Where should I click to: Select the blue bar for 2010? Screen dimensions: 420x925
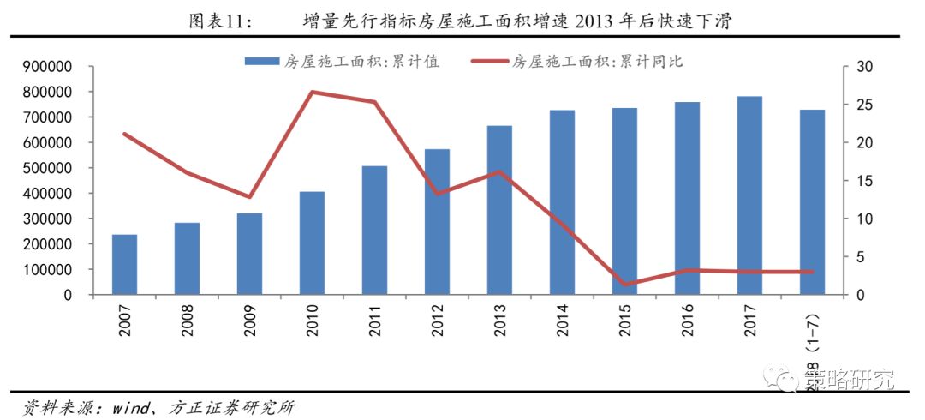[x=313, y=243]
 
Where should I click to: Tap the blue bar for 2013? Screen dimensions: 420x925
[x=500, y=210]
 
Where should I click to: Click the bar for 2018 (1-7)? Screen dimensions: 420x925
[x=812, y=202]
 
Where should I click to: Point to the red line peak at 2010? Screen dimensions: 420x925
[x=313, y=92]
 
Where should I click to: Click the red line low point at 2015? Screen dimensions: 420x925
[x=624, y=285]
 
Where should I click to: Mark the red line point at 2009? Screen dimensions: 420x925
[x=249, y=197]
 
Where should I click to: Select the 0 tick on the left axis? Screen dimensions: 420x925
[x=89, y=295]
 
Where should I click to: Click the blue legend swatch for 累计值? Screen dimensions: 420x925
[x=261, y=62]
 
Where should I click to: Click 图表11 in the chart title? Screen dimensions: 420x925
[x=219, y=19]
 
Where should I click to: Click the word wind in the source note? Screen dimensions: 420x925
[x=131, y=405]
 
